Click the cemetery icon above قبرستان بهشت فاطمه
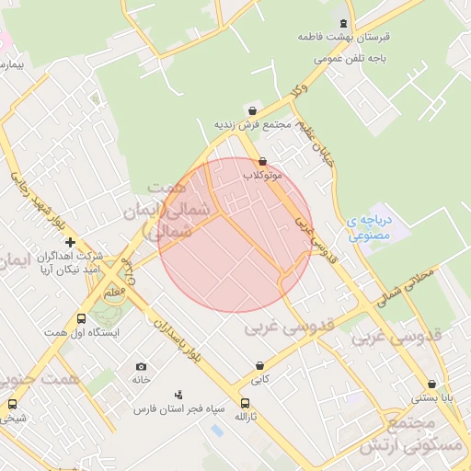[344, 24]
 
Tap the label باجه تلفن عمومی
[353, 58]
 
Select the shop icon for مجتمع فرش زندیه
[253, 110]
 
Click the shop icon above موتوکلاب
[262, 161]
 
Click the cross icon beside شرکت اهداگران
[70, 242]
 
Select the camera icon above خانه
[141, 366]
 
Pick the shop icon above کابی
[260, 365]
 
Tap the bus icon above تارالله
[244, 403]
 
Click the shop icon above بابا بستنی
[431, 385]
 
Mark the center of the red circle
[235, 235]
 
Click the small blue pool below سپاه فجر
[216, 429]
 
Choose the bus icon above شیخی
[12, 404]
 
